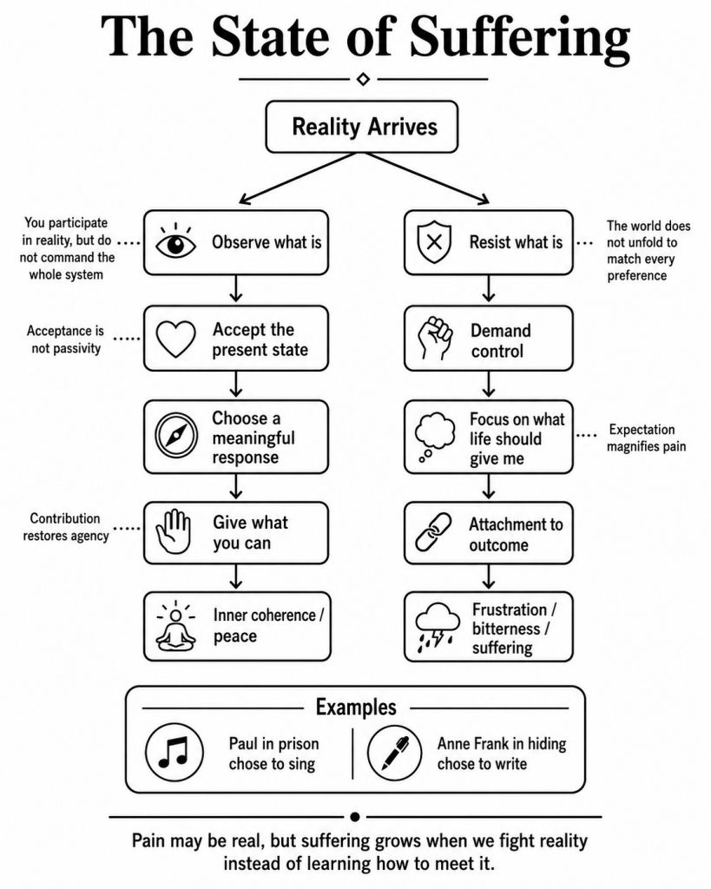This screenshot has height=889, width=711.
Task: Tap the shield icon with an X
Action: tap(434, 243)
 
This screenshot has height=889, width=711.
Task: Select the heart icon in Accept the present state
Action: tap(175, 339)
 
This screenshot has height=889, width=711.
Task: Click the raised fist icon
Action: tap(435, 339)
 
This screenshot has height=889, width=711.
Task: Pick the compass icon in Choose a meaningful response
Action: tap(176, 436)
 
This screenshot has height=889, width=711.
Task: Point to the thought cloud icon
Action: tap(435, 438)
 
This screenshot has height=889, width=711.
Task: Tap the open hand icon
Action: tap(174, 531)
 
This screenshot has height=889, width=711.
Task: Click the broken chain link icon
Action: tap(434, 532)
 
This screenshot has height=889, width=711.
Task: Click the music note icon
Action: tap(174, 752)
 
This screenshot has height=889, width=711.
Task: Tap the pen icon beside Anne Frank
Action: tap(395, 753)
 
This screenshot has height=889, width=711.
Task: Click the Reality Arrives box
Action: tap(362, 127)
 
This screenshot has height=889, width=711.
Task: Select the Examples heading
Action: tap(356, 708)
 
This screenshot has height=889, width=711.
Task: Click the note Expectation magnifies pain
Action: tap(647, 438)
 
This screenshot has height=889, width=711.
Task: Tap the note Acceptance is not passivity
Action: tap(66, 339)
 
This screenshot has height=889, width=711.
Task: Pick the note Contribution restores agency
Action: tap(66, 527)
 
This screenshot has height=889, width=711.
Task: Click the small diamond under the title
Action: tap(364, 79)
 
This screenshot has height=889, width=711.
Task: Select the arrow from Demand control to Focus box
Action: tap(489, 385)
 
